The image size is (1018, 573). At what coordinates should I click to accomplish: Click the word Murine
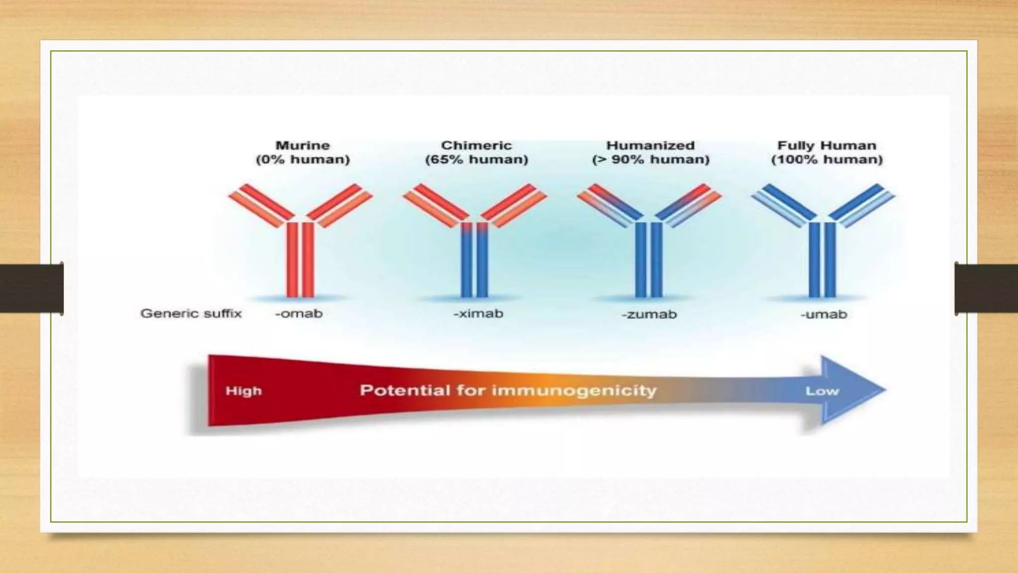coord(302,145)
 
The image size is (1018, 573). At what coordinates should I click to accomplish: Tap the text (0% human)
coord(302,160)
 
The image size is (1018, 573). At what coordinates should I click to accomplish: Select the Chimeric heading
coord(476,145)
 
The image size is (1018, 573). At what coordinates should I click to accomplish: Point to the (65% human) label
coord(476,160)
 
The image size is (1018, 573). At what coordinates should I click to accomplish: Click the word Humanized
coord(650,145)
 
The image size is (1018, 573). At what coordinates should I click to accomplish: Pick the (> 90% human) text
coord(650,160)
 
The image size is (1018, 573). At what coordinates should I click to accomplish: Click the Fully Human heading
coord(827,145)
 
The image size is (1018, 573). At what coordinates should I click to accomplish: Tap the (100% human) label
coord(827,160)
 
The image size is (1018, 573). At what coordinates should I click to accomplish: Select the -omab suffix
coord(299,314)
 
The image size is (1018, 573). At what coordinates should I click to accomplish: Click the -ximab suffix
coord(478,314)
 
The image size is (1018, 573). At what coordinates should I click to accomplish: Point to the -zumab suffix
coord(649,314)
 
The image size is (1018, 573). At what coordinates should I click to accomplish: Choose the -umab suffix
coord(824,314)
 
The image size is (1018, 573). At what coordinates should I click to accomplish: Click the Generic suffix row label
coord(191,313)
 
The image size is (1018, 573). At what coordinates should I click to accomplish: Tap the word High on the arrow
coord(244,391)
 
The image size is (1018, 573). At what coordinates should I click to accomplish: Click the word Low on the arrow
coord(822,391)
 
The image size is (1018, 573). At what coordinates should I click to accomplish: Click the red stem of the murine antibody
coord(300,259)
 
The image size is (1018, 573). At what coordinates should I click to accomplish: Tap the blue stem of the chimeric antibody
coord(474,264)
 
